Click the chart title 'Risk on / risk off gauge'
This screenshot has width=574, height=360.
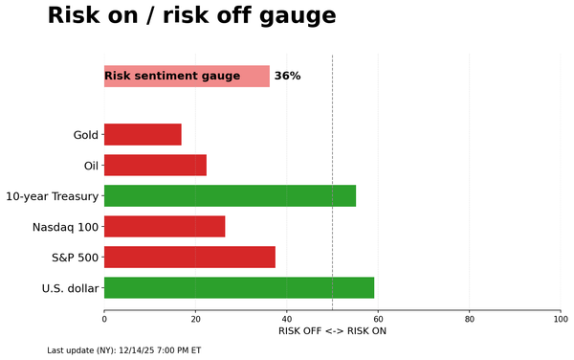(x=191, y=16)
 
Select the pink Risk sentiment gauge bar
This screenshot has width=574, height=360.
(x=187, y=76)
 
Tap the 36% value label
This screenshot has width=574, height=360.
(x=287, y=76)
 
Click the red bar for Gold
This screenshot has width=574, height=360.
(x=143, y=134)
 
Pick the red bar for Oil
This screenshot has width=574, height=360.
(x=155, y=165)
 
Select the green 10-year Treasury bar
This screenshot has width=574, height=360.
(x=230, y=195)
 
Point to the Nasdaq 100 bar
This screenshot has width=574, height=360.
(x=165, y=226)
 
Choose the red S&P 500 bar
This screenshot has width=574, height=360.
(x=189, y=257)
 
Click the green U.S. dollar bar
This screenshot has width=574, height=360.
(x=239, y=287)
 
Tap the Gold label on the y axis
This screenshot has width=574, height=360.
(x=85, y=135)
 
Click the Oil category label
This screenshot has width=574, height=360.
(x=91, y=166)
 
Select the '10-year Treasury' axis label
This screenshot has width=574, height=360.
(x=52, y=196)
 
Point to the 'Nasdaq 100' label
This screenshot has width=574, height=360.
(x=65, y=227)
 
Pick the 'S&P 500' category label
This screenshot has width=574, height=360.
(x=75, y=258)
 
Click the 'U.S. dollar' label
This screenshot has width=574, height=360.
(x=70, y=288)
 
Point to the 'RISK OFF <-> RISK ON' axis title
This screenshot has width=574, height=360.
(x=332, y=331)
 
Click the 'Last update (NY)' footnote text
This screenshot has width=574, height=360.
(x=123, y=350)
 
